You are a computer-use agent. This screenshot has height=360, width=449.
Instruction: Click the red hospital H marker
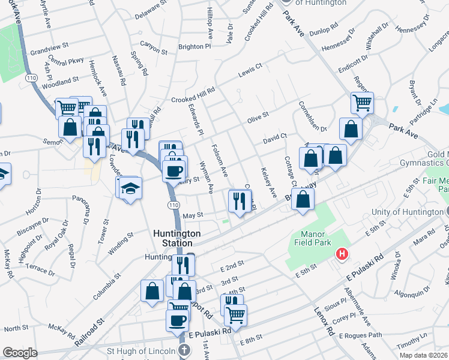click(x=342, y=255)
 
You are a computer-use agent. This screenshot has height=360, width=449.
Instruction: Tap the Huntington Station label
click(x=173, y=238)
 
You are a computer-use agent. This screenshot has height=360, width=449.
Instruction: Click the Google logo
click(x=20, y=353)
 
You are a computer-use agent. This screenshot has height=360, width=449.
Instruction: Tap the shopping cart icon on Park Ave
click(x=362, y=103)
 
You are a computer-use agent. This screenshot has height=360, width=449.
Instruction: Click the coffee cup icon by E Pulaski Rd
click(x=176, y=320)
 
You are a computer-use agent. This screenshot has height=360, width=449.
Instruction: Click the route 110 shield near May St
click(x=173, y=205)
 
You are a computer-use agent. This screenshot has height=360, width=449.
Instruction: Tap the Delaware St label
click(x=150, y=10)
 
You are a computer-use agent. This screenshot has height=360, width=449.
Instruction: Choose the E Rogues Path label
click(x=361, y=335)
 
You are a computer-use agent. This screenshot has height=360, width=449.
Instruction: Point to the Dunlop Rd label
click(x=341, y=32)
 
